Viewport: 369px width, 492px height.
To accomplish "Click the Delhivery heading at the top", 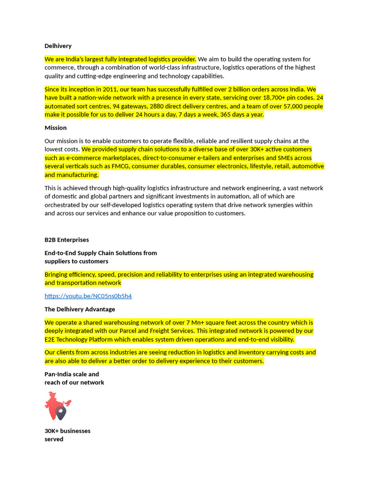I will point(58,46).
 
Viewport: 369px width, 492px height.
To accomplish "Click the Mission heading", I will point(56,128).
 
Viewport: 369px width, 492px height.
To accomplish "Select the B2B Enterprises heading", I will point(67,240).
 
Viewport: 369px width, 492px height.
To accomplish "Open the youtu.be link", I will point(88,296).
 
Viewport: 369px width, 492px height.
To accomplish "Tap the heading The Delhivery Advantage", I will point(80,309).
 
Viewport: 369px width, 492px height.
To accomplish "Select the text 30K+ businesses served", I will point(67,435).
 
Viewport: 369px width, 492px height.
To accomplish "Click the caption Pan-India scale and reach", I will point(74,378).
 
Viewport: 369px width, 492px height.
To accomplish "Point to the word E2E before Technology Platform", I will point(51,339).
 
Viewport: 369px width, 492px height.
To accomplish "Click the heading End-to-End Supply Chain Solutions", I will point(100,257).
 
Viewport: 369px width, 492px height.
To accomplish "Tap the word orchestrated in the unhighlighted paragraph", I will point(63,205).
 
